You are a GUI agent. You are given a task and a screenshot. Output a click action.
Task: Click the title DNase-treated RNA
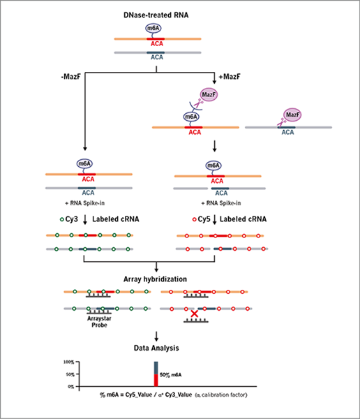[x=156, y=15]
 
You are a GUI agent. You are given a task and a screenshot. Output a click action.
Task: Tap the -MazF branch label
[x=70, y=77]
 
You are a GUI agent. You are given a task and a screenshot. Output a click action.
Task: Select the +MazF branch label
[x=230, y=77]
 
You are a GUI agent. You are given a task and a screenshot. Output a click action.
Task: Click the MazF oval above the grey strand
[x=292, y=115]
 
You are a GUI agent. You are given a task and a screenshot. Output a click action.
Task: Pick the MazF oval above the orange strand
[x=209, y=94]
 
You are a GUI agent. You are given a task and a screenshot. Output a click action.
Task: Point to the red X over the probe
[x=195, y=314]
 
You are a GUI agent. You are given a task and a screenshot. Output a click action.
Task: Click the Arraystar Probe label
[x=99, y=322]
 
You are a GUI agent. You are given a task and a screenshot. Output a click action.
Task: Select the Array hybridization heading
[x=155, y=279]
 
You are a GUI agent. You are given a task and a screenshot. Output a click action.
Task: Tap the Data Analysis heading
[x=156, y=348]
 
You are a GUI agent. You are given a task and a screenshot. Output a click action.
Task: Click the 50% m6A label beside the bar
[x=170, y=375]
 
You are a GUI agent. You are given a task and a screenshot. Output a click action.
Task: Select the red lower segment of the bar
[x=156, y=381]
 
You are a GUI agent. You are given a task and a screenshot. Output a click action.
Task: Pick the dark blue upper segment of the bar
[x=156, y=368]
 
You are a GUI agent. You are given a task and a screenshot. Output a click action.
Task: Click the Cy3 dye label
[x=69, y=219]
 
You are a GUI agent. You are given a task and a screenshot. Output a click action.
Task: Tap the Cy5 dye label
[x=202, y=219]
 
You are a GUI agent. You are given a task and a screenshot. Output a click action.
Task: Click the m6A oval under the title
[x=153, y=28]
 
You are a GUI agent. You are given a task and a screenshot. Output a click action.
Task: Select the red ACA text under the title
[x=157, y=44]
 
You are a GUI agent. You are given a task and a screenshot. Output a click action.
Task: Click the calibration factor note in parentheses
[x=221, y=395]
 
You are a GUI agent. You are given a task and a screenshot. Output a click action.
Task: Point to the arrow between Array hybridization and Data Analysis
[x=156, y=336]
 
